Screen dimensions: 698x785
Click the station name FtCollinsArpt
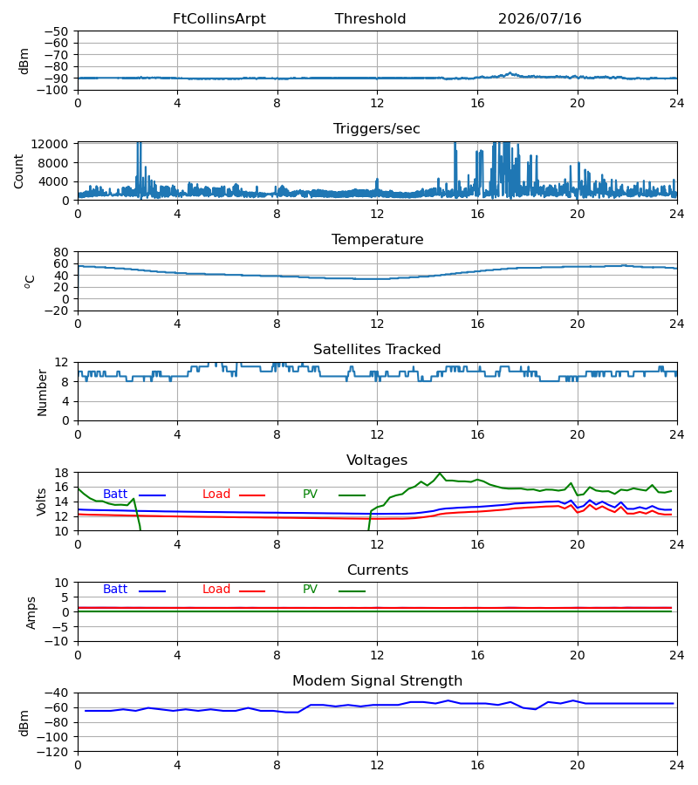pos(219,19)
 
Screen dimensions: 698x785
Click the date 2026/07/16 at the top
pos(540,19)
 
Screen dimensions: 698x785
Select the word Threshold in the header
pos(371,19)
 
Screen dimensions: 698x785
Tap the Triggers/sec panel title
pos(377,129)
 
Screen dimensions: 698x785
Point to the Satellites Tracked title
pos(377,350)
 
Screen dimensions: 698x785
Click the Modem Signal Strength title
pos(377,681)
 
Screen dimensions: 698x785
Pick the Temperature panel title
pos(377,239)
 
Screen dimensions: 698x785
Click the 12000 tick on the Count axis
pos(50,144)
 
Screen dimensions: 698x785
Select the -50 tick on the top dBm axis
pos(56,31)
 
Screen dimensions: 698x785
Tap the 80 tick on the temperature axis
pos(61,252)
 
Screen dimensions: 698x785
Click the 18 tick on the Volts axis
pos(61,473)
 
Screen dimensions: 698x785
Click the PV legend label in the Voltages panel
pos(310,495)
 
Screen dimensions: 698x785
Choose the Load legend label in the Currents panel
pos(216,590)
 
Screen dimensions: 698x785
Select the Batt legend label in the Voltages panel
pos(115,495)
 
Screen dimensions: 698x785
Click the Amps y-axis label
pos(31,613)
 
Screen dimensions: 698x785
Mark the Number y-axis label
pos(42,393)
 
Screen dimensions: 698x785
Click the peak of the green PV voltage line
pos(440,473)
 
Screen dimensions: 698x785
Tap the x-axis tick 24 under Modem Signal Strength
pos(677,765)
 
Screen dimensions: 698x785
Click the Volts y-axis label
pos(42,502)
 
